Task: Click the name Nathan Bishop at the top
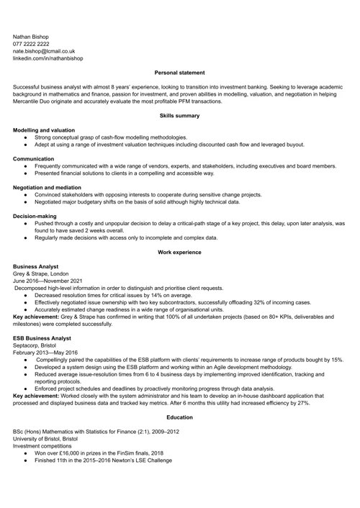coord(31,35)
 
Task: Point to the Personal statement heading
coord(179,73)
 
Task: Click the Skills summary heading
coord(179,115)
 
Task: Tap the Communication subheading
coord(34,158)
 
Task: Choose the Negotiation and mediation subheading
coord(47,187)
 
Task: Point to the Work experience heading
coord(179,252)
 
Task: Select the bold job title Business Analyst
coord(36,266)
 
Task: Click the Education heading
coord(179,417)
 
